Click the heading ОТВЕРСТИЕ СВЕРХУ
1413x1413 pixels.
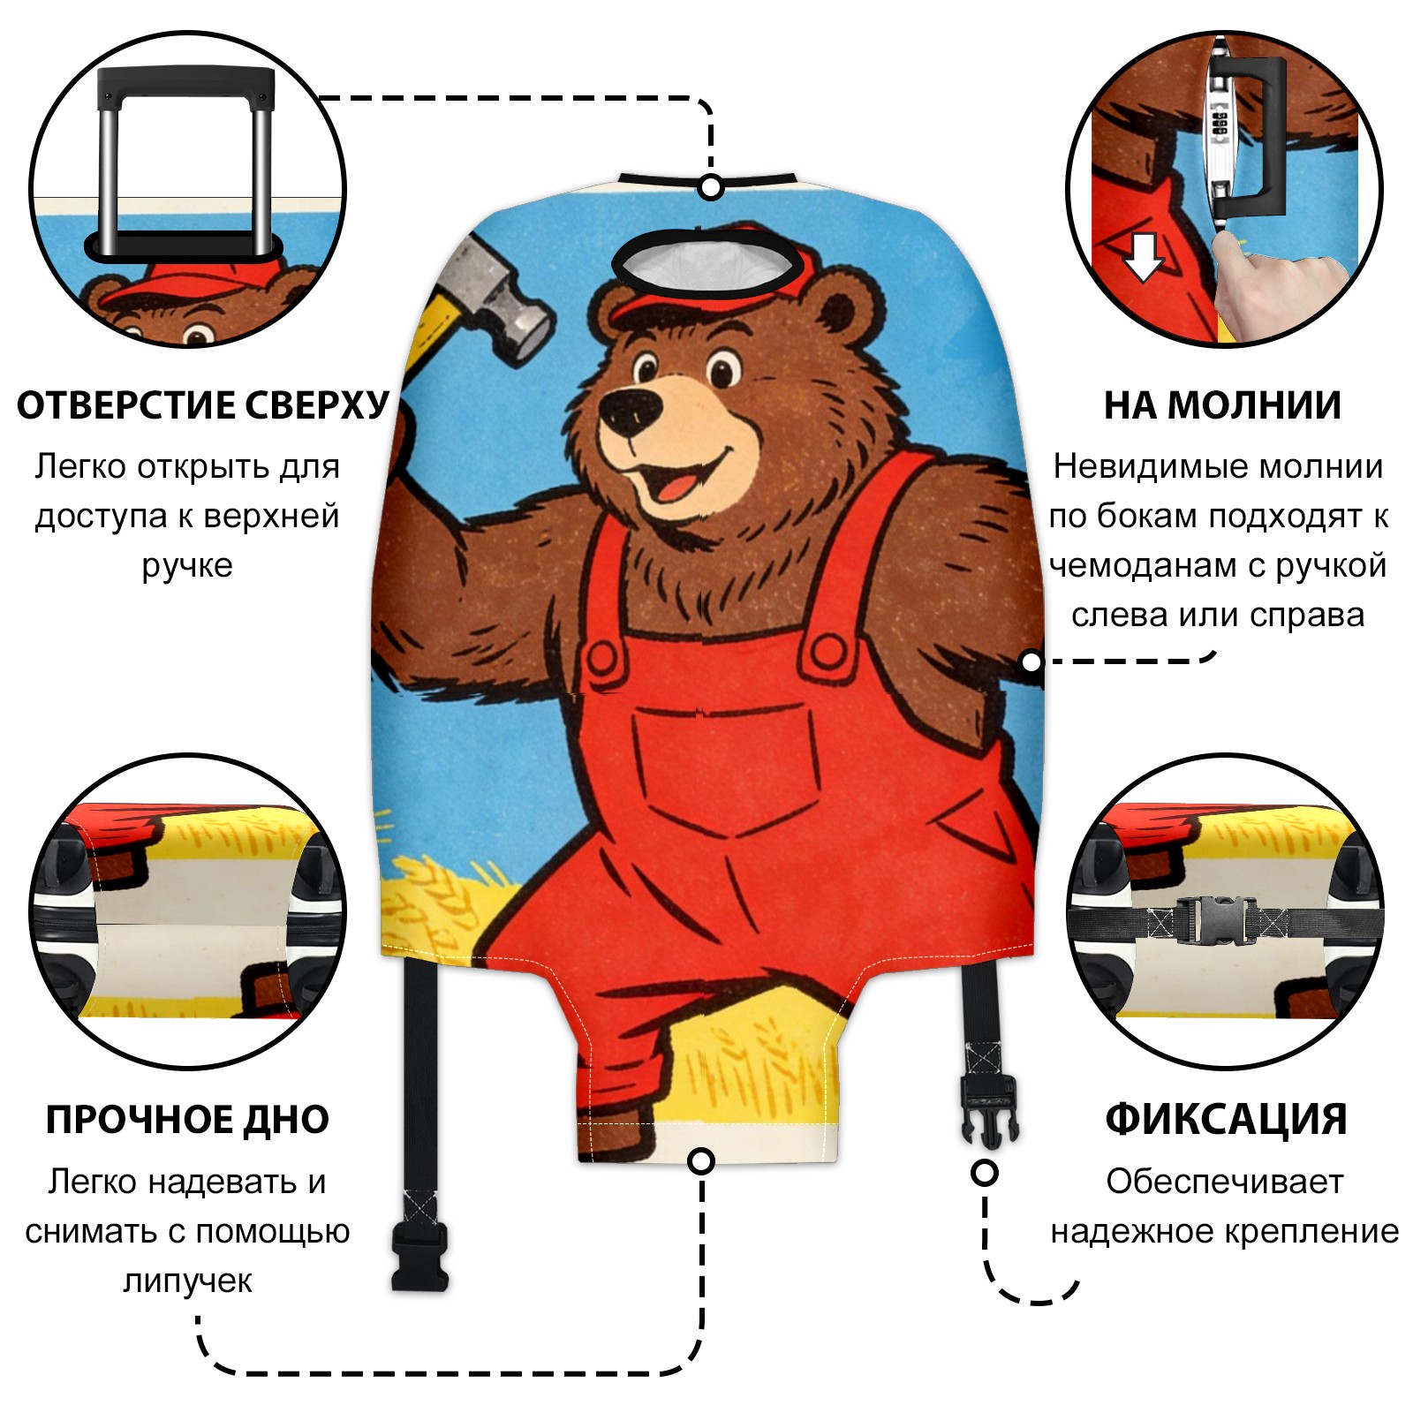click(x=202, y=405)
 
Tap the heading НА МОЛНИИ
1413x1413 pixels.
click(x=1222, y=405)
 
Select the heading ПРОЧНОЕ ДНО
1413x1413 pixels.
click(x=187, y=1120)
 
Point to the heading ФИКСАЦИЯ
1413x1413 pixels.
click(x=1226, y=1120)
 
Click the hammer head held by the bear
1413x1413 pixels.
click(x=499, y=296)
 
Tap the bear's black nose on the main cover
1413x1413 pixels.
click(x=630, y=409)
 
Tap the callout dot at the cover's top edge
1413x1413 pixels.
click(x=711, y=187)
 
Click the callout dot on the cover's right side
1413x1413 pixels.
click(x=1031, y=661)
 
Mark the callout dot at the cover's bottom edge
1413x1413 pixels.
click(x=701, y=1161)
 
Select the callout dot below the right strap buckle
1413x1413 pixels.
click(x=985, y=1173)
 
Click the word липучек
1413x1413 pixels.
click(x=187, y=1281)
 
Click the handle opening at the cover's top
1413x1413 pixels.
click(x=711, y=264)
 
